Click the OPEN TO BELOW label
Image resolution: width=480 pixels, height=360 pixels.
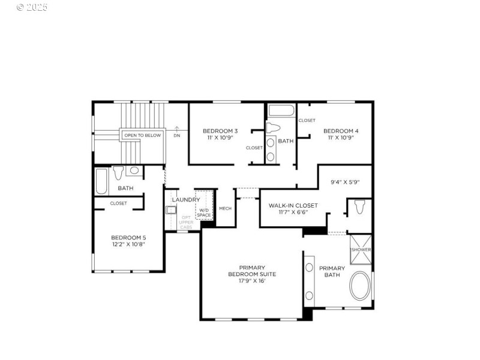142,136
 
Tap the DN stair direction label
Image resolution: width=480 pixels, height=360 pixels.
177,136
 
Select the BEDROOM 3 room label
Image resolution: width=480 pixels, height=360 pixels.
220,131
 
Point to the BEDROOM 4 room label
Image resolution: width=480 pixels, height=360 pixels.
341,131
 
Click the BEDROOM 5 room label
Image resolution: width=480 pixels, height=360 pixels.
128,238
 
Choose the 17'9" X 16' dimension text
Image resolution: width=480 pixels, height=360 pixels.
252,281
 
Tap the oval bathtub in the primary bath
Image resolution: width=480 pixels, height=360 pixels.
360,286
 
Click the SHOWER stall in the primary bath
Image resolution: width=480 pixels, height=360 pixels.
361,249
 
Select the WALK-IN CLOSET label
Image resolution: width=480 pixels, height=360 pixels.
293,205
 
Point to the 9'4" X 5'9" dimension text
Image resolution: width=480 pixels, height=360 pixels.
345,182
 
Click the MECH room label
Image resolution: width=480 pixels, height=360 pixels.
225,208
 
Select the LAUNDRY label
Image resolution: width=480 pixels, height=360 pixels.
186,200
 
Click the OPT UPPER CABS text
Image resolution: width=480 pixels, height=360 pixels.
186,223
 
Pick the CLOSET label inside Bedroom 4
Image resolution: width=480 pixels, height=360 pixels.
307,121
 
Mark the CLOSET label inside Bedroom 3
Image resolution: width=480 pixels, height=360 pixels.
254,148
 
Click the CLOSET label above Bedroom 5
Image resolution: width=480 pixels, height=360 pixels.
118,203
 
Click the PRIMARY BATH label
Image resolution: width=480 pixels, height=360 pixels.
332,272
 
